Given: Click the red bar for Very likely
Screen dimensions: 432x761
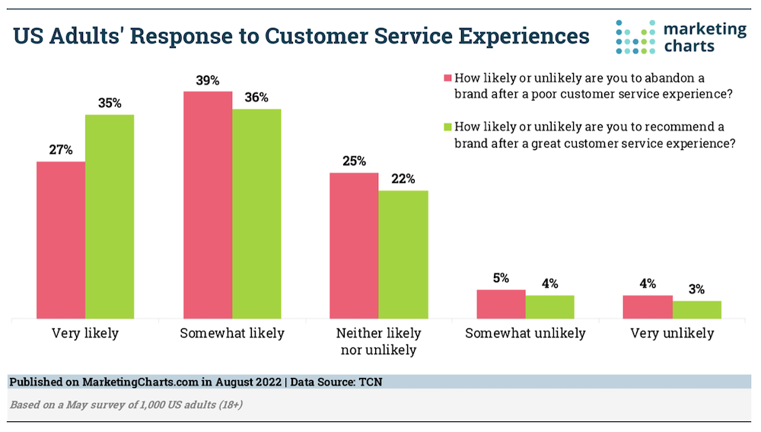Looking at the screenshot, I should tap(61, 240).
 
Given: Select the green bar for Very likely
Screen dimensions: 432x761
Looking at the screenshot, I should tap(110, 216).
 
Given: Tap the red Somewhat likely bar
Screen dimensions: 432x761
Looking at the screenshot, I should tap(208, 205).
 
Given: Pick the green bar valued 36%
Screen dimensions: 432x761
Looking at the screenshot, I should tap(256, 213).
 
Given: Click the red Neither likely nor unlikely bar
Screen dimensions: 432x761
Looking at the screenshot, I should tap(354, 245).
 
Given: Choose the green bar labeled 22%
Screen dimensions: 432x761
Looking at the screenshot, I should tap(403, 254).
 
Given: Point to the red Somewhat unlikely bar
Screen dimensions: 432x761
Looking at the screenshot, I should tap(501, 304).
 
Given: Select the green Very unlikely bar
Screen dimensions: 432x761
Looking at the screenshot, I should tap(697, 309).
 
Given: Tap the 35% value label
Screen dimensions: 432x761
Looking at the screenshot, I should tap(110, 103).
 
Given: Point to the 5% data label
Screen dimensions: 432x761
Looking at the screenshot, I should tap(501, 277).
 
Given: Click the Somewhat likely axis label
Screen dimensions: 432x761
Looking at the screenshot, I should tap(232, 333).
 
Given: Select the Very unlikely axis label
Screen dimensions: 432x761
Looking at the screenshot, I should tap(673, 333).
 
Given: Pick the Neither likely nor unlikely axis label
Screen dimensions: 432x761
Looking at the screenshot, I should tap(379, 341).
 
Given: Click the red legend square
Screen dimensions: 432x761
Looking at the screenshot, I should tap(448, 78).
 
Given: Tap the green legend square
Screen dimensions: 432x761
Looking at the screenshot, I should tap(448, 126).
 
